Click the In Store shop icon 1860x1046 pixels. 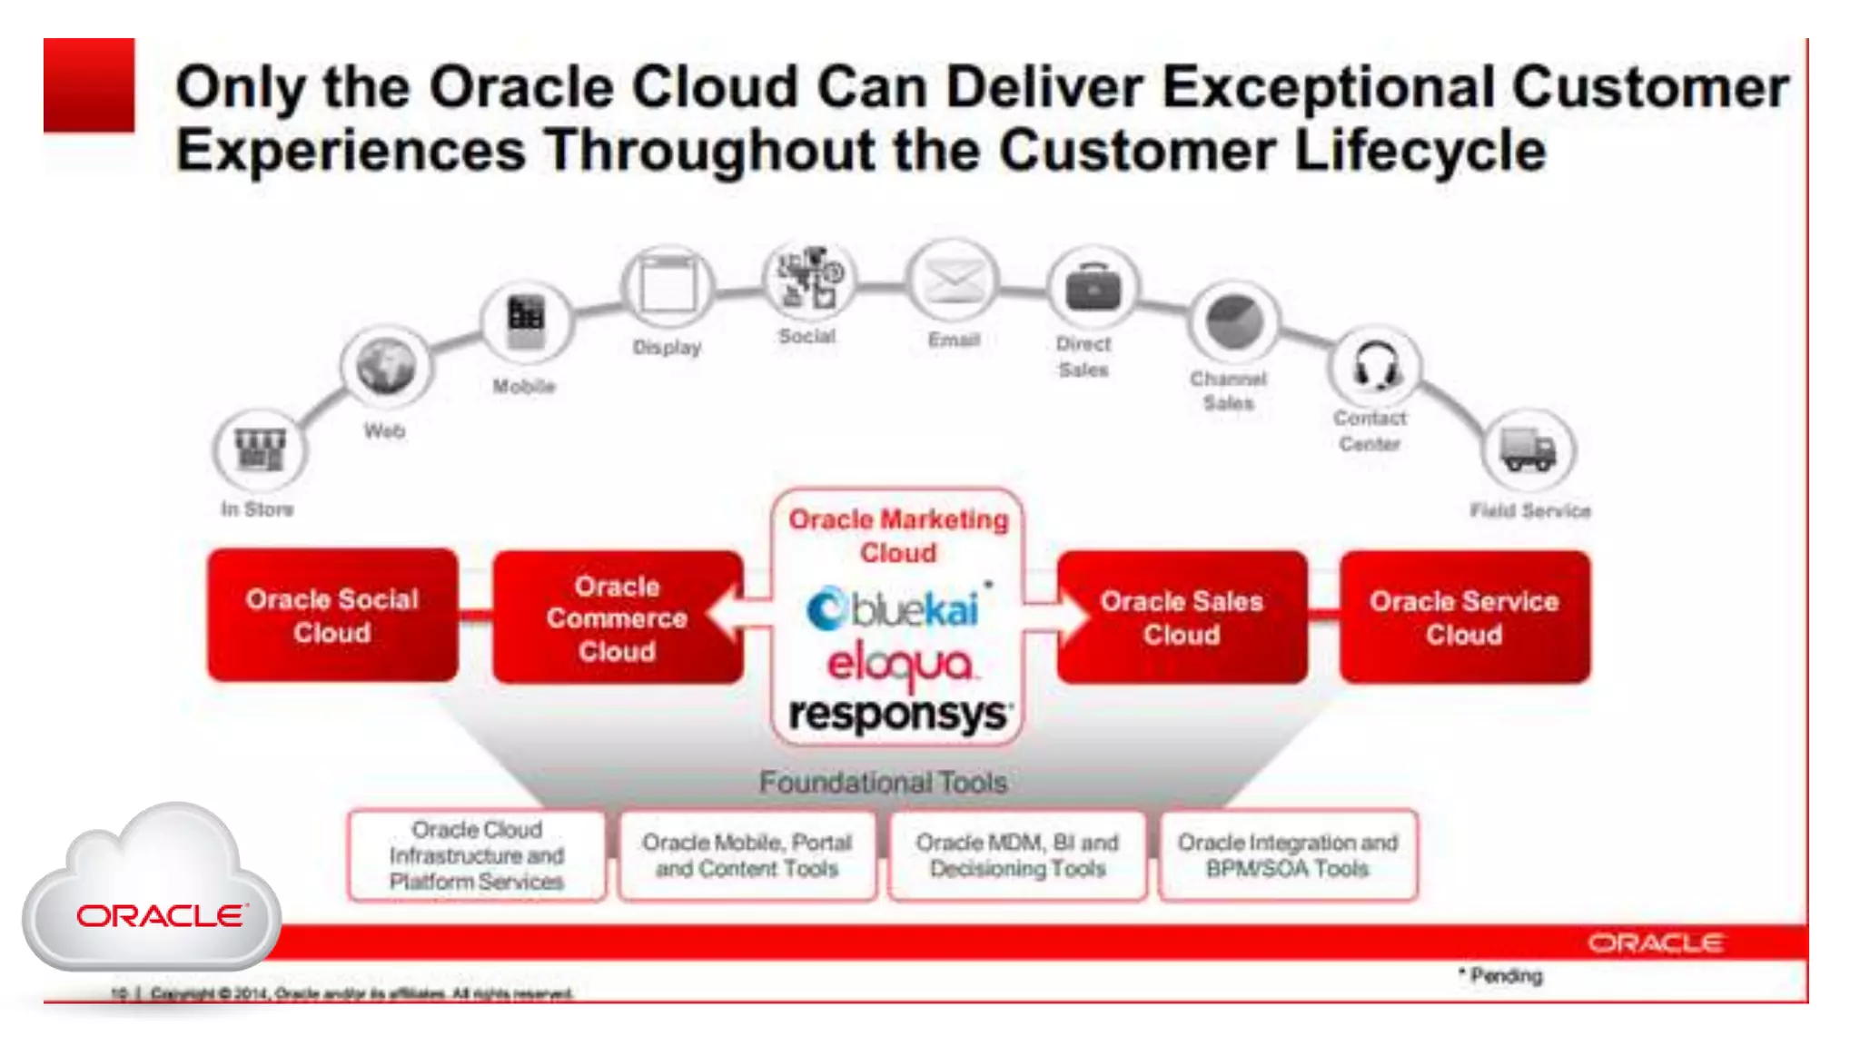[260, 449]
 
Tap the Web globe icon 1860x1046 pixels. [386, 366]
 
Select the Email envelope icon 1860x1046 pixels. [953, 281]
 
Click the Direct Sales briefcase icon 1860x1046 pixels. [1093, 289]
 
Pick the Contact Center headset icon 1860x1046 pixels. [1375, 366]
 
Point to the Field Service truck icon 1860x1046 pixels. [1529, 450]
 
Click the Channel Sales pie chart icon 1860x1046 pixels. [1233, 322]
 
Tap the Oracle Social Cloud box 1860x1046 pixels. [332, 616]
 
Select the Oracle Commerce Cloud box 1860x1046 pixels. [618, 618]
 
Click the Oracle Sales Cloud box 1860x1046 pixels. [1182, 617]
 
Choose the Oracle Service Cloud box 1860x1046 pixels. [1464, 617]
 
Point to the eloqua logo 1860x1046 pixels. [899, 665]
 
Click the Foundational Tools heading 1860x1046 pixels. [883, 782]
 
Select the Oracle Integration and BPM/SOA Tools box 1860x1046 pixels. [1288, 855]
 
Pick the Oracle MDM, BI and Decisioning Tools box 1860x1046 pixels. [1017, 855]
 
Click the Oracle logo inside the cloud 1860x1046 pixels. [160, 915]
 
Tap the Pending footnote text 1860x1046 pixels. [1505, 976]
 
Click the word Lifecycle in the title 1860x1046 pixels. [1420, 151]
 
